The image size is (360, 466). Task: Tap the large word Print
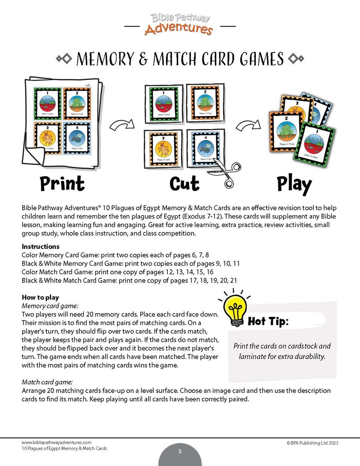[62, 184]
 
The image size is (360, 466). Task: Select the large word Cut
[184, 184]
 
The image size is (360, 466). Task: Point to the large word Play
[294, 184]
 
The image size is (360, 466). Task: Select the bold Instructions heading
[41, 247]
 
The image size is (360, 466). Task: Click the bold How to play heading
[41, 298]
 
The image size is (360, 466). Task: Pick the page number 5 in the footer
[180, 451]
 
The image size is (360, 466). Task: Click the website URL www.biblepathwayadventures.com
[57, 442]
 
